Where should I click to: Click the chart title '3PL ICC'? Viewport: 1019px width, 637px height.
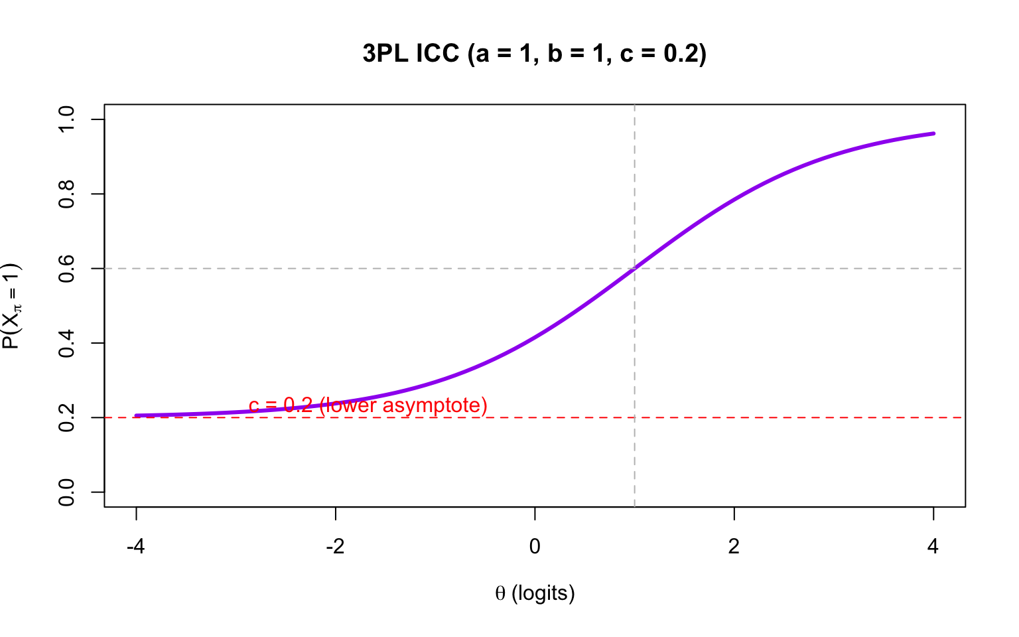click(x=411, y=54)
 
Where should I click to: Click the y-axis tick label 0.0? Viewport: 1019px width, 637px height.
click(x=66, y=492)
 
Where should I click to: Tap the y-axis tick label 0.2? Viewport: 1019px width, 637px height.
click(x=66, y=417)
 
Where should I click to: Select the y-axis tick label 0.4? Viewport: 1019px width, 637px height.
click(x=66, y=343)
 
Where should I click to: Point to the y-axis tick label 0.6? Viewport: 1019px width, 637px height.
click(x=66, y=269)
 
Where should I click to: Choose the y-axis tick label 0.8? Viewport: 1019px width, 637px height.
click(x=66, y=194)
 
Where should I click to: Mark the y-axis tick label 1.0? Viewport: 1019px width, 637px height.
click(x=66, y=119)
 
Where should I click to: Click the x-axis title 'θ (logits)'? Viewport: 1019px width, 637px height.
click(x=535, y=593)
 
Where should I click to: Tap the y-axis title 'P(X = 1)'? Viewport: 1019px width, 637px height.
click(x=12, y=306)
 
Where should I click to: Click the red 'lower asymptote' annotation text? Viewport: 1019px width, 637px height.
click(x=403, y=405)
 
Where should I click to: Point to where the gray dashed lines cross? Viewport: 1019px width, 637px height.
click(x=635, y=269)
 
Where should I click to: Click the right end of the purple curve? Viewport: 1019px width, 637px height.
click(x=933, y=133)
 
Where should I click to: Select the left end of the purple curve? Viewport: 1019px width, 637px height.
click(x=136, y=416)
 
